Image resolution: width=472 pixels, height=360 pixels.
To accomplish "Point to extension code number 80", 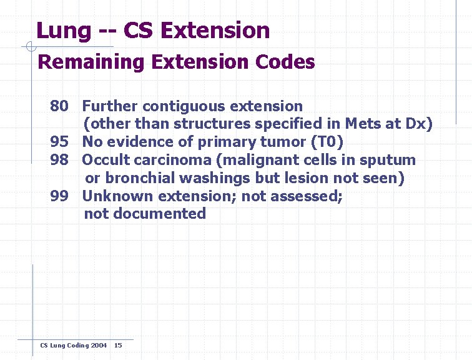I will [x=59, y=106].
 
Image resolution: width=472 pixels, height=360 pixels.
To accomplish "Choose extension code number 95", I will [x=59, y=142].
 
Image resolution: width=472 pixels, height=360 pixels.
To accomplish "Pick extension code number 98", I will [x=59, y=160].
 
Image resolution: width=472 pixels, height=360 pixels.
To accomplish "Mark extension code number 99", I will [x=59, y=196].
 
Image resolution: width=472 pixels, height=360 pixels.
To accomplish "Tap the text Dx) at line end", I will [x=418, y=124].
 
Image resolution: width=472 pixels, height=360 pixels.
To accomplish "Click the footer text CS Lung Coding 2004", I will [x=73, y=345].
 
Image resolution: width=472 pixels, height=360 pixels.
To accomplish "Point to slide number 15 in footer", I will [x=119, y=345].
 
